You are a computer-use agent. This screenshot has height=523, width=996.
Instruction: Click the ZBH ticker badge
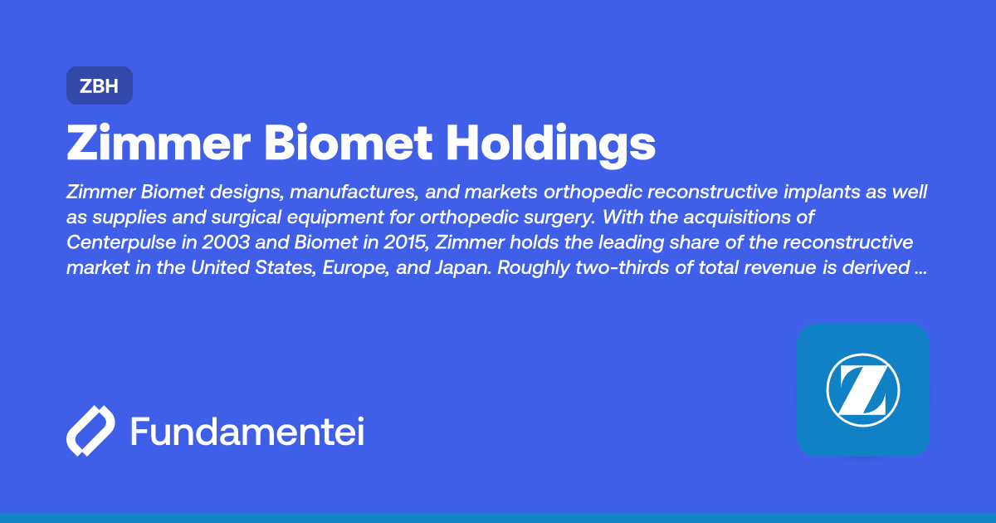[x=99, y=86]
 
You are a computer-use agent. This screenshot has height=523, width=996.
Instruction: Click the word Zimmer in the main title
[x=158, y=144]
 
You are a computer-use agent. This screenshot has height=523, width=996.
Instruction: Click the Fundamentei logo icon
[x=90, y=431]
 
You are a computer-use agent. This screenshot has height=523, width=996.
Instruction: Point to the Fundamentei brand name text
[x=247, y=432]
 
